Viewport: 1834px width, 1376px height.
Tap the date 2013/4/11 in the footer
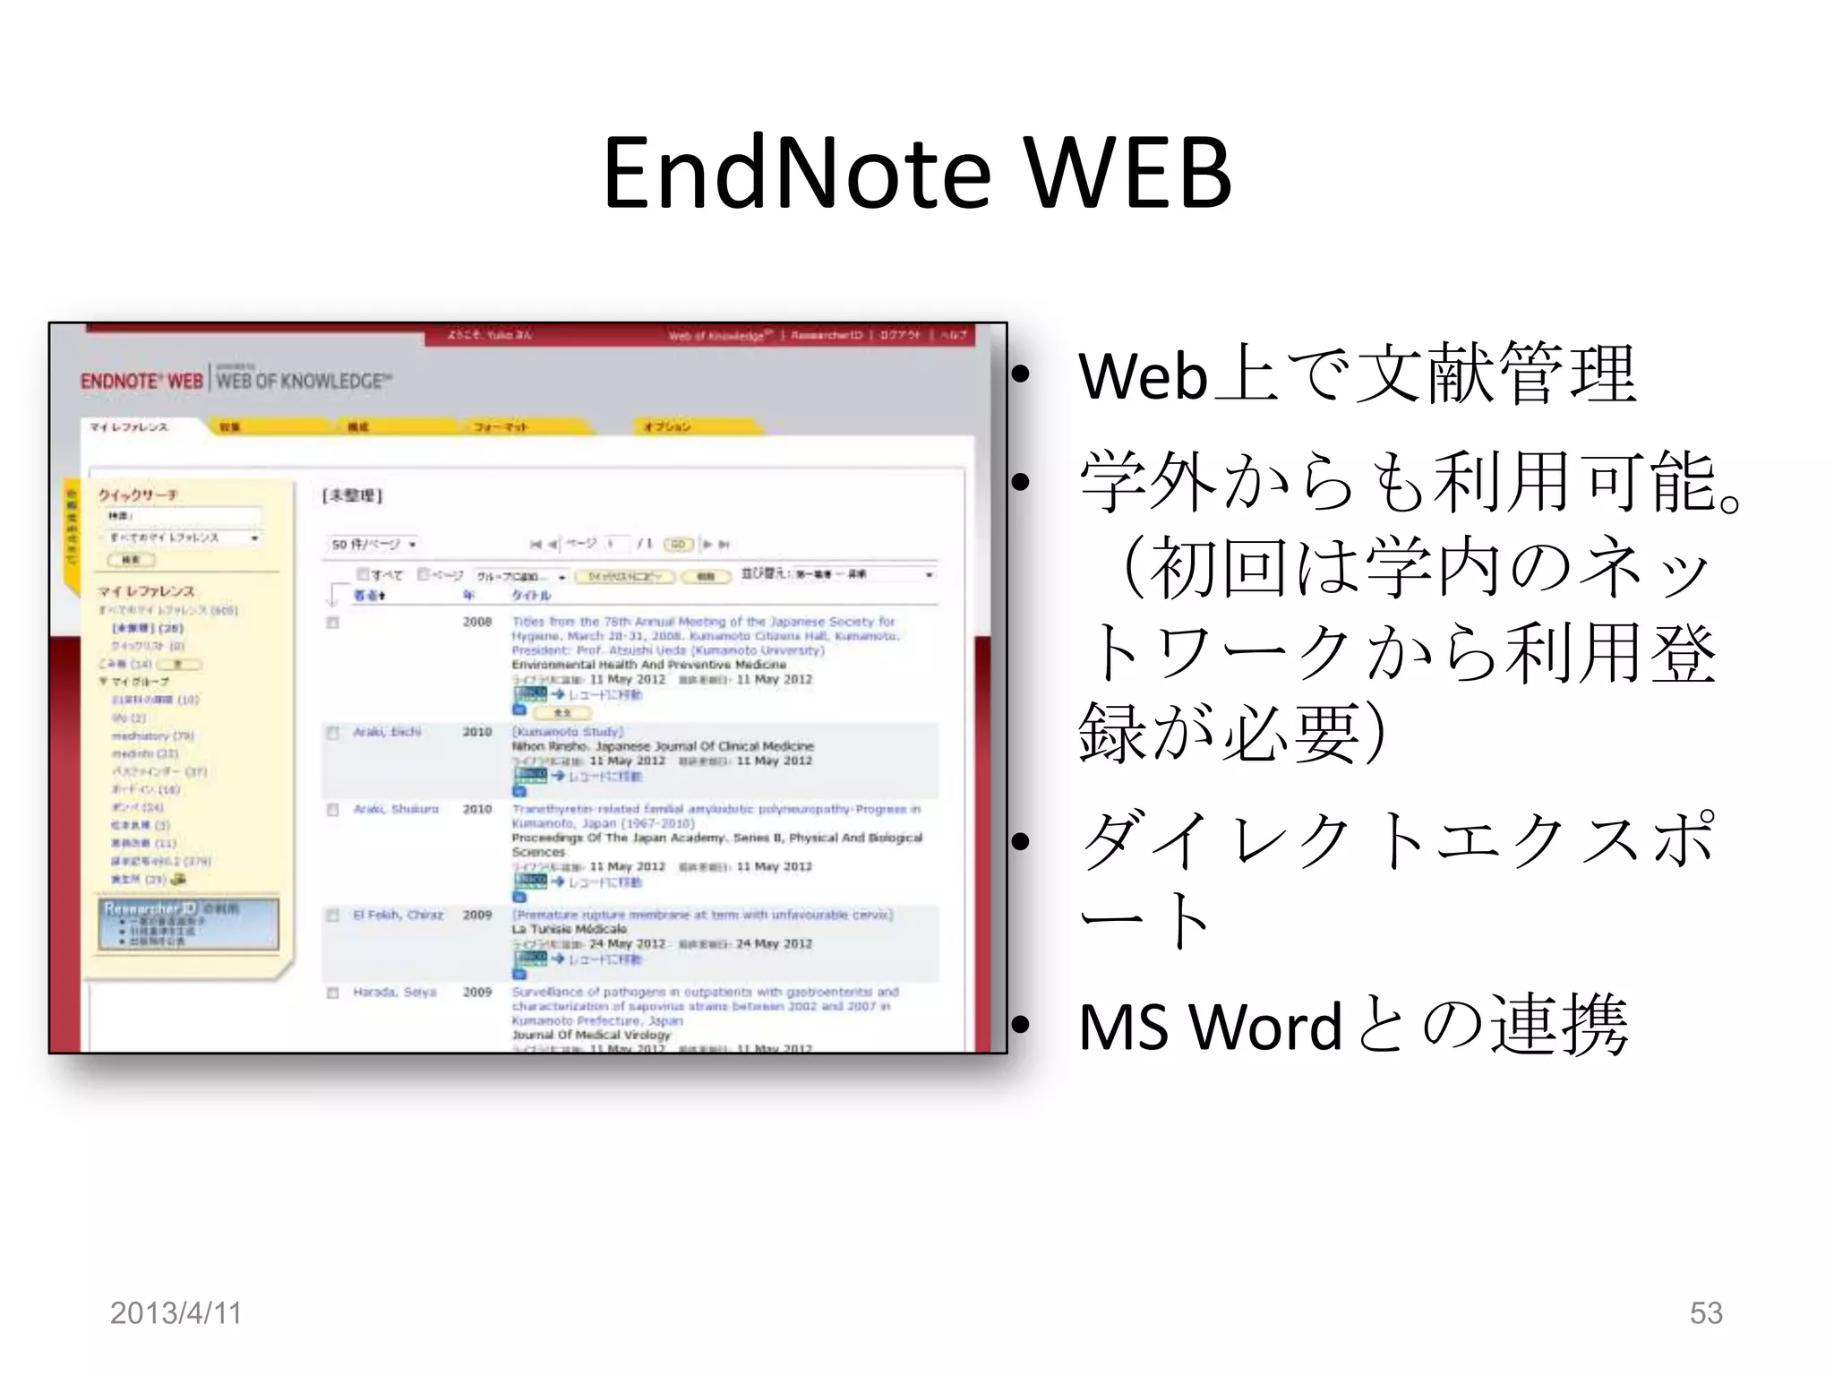(x=176, y=1312)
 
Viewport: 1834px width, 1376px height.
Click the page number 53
(x=1705, y=1312)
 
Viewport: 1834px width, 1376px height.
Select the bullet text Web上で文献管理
(x=1357, y=374)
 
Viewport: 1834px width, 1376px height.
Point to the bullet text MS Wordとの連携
(x=1352, y=1025)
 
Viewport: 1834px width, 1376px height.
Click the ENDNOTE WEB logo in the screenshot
(x=141, y=381)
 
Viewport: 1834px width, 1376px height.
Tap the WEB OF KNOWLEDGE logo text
(x=303, y=381)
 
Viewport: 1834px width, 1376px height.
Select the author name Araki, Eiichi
(x=386, y=732)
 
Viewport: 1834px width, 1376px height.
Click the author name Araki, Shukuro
(x=395, y=809)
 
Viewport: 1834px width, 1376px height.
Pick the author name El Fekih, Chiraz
(x=398, y=915)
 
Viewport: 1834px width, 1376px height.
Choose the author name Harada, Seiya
(x=394, y=992)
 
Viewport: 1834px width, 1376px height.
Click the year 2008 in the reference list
(x=477, y=622)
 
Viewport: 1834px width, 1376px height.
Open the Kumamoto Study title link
(x=568, y=732)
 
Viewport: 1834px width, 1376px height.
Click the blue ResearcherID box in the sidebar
(x=188, y=924)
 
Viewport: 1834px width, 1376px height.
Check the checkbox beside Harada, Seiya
(x=333, y=993)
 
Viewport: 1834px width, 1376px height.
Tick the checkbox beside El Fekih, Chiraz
(x=333, y=916)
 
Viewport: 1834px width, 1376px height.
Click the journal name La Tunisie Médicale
(x=569, y=929)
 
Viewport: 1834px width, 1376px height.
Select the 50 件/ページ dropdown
(x=374, y=544)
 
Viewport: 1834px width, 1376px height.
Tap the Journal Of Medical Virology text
(x=591, y=1035)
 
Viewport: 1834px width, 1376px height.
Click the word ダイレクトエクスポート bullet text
(x=1397, y=878)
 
